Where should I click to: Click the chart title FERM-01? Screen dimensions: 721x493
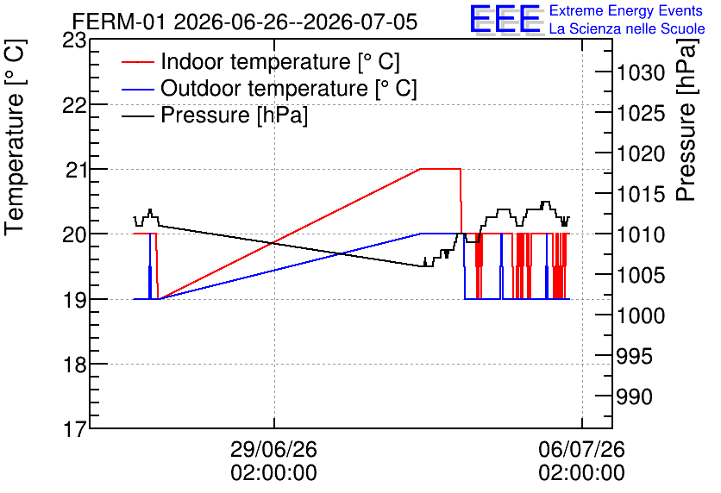pyautogui.click(x=119, y=22)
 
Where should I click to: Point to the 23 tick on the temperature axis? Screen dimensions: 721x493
pyautogui.click(x=74, y=41)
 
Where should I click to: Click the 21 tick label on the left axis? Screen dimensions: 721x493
pyautogui.click(x=75, y=170)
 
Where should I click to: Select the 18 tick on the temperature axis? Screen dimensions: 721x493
pyautogui.click(x=74, y=365)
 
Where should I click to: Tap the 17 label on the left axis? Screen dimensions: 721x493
pyautogui.click(x=74, y=429)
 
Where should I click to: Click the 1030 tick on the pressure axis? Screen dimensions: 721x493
pyautogui.click(x=641, y=73)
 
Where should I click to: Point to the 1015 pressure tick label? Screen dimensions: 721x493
pyautogui.click(x=641, y=194)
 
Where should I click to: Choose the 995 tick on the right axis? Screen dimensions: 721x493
pyautogui.click(x=634, y=356)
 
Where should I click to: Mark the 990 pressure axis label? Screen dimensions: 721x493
pyautogui.click(x=634, y=396)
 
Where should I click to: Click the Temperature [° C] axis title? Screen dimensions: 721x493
pyautogui.click(x=15, y=137)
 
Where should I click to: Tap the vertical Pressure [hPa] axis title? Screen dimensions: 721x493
pyautogui.click(x=687, y=120)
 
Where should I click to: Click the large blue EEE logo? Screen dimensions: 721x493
pyautogui.click(x=505, y=19)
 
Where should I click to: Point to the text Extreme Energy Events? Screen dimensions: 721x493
pyautogui.click(x=626, y=10)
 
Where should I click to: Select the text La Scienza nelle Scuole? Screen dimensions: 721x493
pyautogui.click(x=627, y=28)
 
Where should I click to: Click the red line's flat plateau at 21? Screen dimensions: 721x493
pyautogui.click(x=441, y=169)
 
